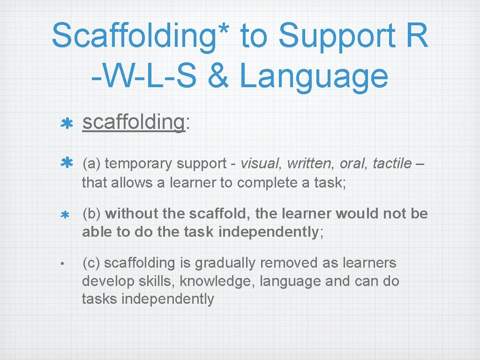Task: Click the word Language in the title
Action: [x=314, y=77]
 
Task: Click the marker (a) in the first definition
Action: [x=92, y=164]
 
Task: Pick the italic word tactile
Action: [x=391, y=164]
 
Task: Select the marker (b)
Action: [x=92, y=214]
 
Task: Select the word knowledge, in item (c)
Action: [x=217, y=281]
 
